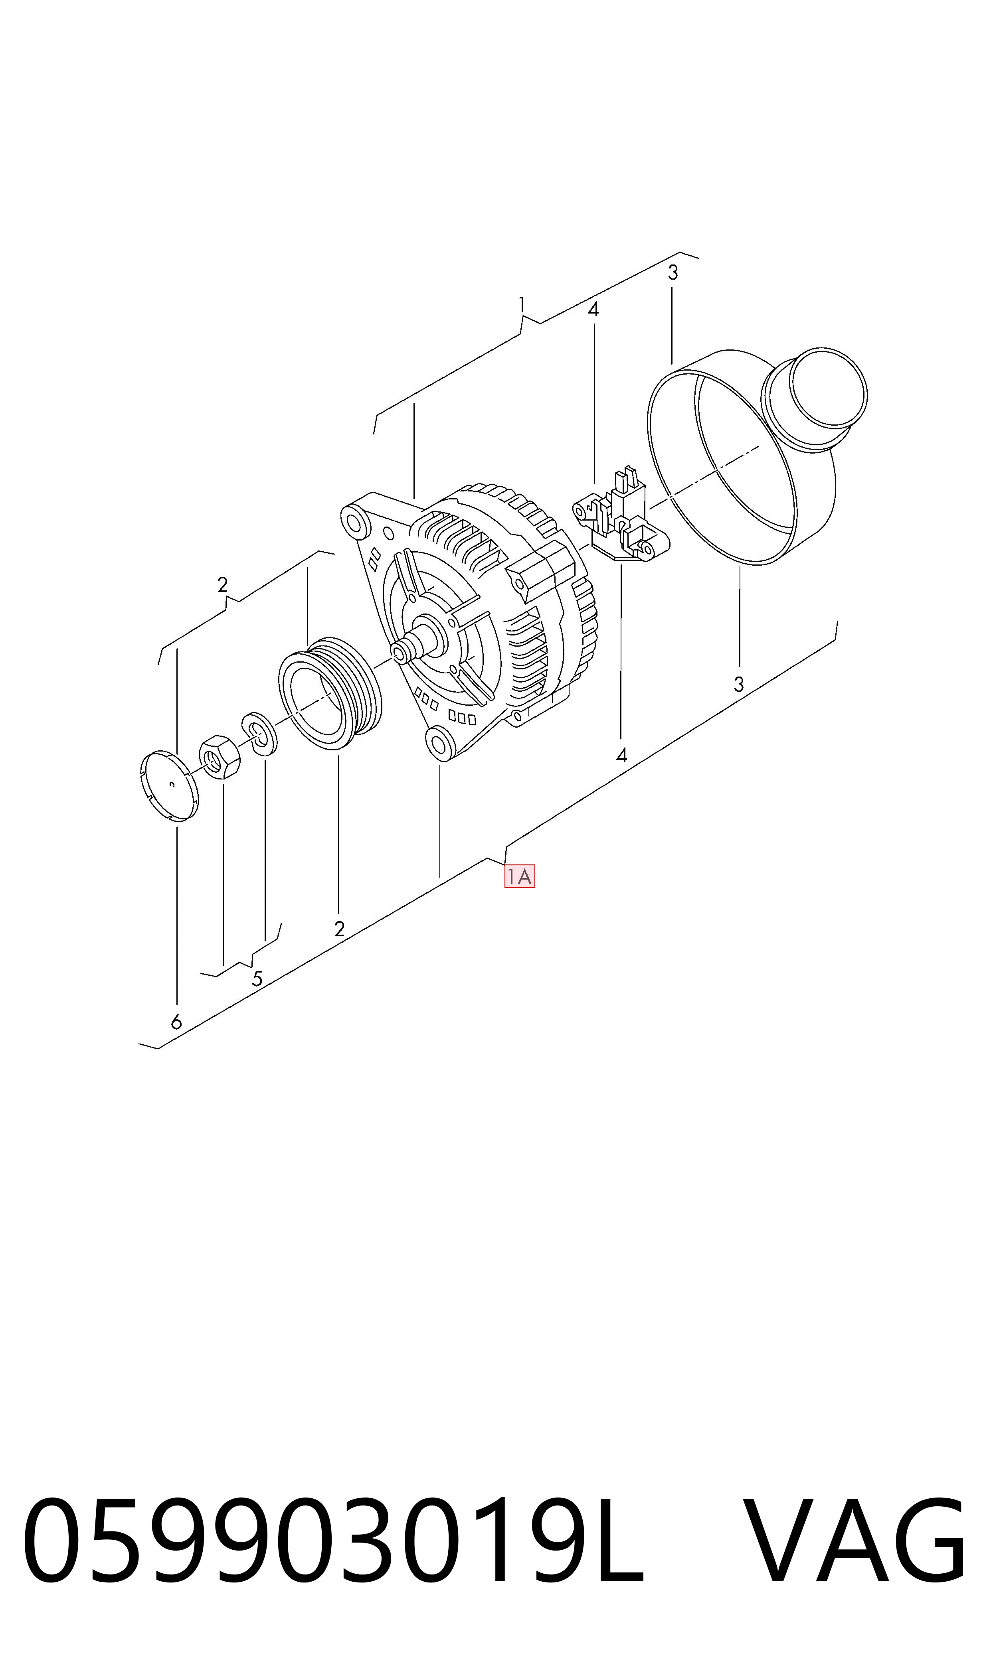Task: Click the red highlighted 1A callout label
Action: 520,877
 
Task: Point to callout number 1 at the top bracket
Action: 522,305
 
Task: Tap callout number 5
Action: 257,979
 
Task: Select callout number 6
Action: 176,1022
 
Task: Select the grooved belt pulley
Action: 329,693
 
